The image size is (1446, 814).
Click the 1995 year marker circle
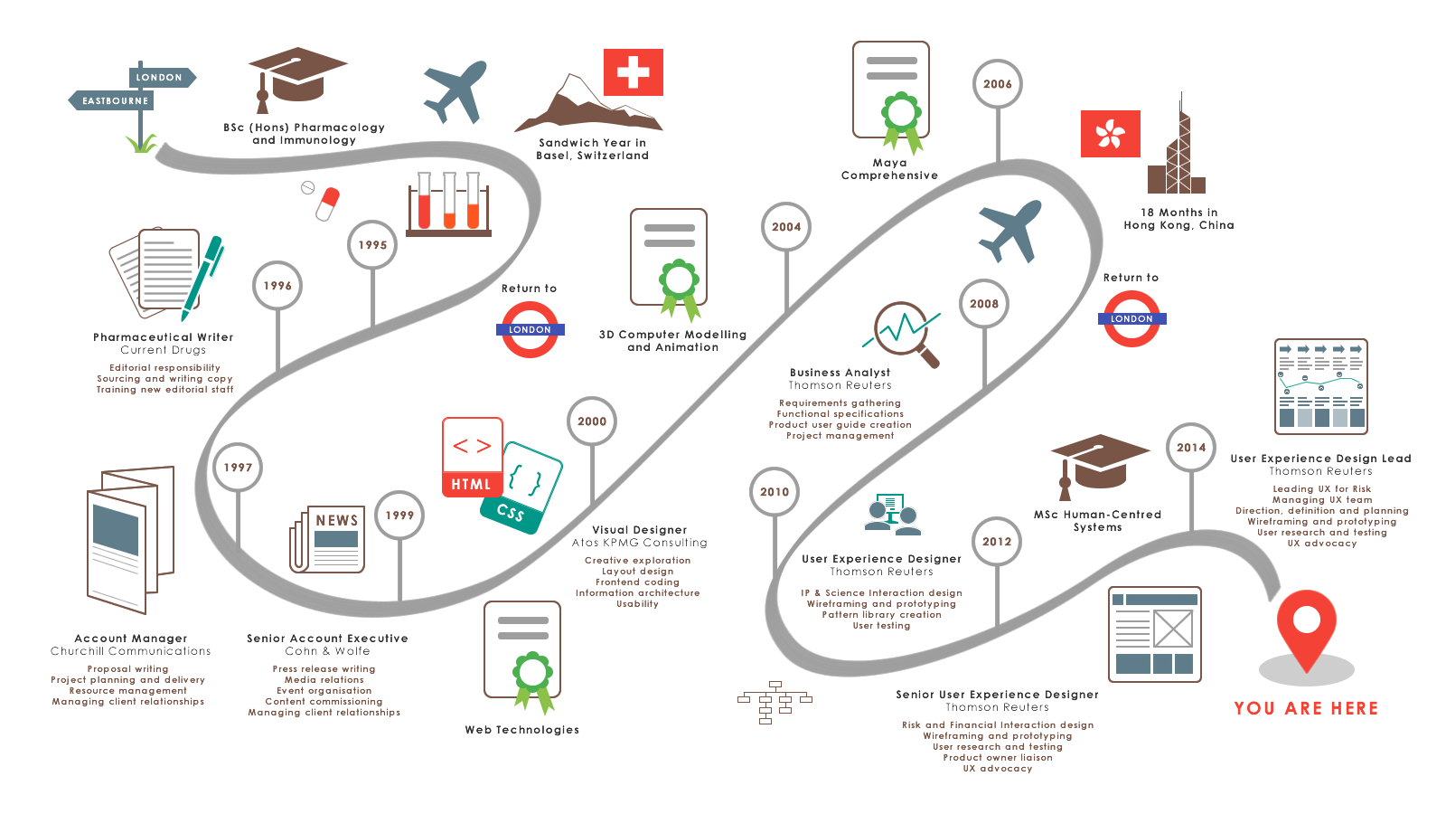(x=372, y=244)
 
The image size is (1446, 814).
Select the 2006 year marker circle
(x=998, y=84)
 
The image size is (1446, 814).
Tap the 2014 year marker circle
(x=1191, y=448)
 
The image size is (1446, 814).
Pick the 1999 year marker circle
(x=399, y=516)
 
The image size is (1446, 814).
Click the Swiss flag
(x=634, y=72)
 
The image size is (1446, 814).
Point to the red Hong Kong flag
(x=1111, y=134)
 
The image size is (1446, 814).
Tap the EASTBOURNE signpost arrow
(x=112, y=100)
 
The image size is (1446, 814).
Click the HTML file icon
(x=472, y=458)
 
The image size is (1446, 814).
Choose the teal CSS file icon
(x=522, y=488)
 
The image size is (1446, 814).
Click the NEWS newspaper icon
(x=329, y=539)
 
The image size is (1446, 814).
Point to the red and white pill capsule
(x=327, y=203)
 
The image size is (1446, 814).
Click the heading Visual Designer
(x=640, y=530)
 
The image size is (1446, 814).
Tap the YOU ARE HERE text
(x=1306, y=708)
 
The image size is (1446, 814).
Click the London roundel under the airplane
(x=1131, y=318)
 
